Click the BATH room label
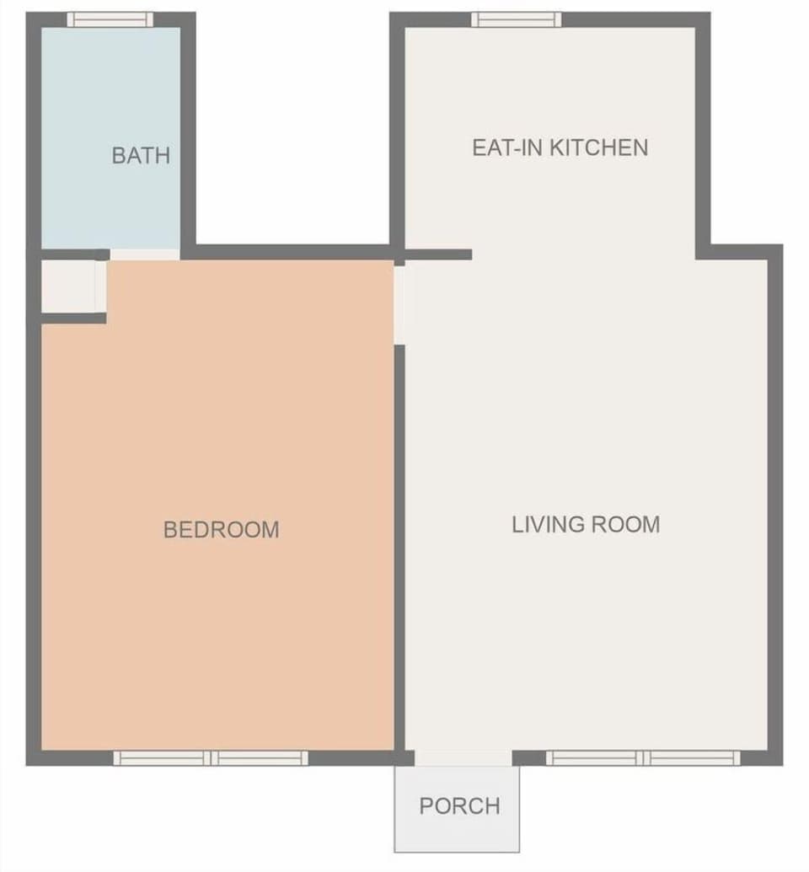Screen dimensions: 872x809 [x=141, y=155]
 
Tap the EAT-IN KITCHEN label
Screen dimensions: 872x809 [x=560, y=147]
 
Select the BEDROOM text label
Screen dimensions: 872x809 [x=221, y=529]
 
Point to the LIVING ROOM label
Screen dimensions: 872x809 [x=586, y=524]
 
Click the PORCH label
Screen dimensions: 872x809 [x=459, y=806]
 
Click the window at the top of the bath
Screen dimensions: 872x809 [x=110, y=19]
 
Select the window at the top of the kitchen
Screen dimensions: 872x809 [x=516, y=19]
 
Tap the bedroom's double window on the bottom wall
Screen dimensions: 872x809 [x=211, y=758]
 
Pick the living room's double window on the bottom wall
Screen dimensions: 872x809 [x=643, y=758]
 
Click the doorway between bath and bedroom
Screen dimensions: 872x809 [x=145, y=254]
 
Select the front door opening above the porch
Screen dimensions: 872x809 [x=463, y=758]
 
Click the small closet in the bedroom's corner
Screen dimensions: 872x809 [x=72, y=286]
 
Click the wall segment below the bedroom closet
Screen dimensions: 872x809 [x=73, y=318]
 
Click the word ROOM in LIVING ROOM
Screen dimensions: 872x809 [x=626, y=524]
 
